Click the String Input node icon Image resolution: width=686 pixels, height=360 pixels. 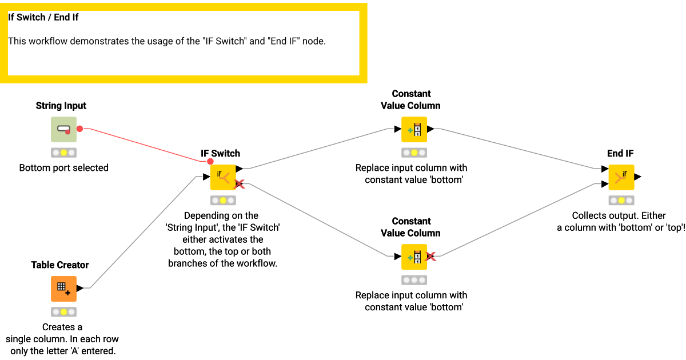pyautogui.click(x=63, y=130)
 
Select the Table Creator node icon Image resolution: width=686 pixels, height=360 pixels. pyautogui.click(x=63, y=289)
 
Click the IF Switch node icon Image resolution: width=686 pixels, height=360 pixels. pyautogui.click(x=223, y=177)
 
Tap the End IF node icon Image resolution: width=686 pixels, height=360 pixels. pyautogui.click(x=621, y=177)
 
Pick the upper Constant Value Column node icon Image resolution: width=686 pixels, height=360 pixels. pyautogui.click(x=414, y=130)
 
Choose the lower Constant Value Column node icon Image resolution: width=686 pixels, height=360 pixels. pyautogui.click(x=414, y=257)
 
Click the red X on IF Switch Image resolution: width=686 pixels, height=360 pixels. pyautogui.click(x=240, y=184)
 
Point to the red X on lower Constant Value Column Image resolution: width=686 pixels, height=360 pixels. pyautogui.click(x=432, y=257)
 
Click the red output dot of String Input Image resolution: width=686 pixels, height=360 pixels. pyautogui.click(x=80, y=129)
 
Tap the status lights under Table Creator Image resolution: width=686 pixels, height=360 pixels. pyautogui.click(x=63, y=312)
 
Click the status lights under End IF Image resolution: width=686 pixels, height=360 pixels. pyautogui.click(x=621, y=201)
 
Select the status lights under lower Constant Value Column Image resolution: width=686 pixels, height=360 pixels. pyautogui.click(x=414, y=281)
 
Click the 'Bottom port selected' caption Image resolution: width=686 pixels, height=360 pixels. pyautogui.click(x=63, y=168)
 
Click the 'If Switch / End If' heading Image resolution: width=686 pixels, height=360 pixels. pyautogui.click(x=43, y=17)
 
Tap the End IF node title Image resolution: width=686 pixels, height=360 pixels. pyautogui.click(x=620, y=153)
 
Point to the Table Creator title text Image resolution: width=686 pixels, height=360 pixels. pyautogui.click(x=60, y=265)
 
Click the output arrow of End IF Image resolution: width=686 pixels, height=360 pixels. pyautogui.click(x=638, y=177)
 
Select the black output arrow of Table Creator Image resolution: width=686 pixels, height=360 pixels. pyautogui.click(x=80, y=289)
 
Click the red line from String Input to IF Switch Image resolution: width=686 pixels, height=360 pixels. pyautogui.click(x=143, y=145)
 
